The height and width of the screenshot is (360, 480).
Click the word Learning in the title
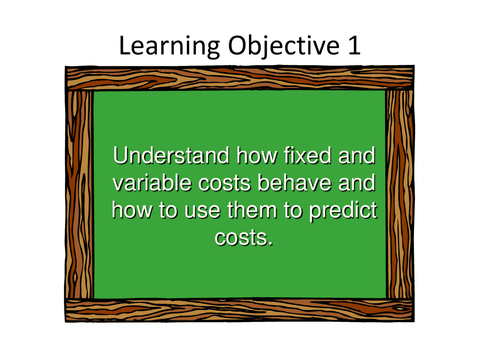point(169,47)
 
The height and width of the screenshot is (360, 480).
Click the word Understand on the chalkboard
point(171,155)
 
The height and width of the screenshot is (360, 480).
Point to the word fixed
point(307,155)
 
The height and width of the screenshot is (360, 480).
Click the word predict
point(343,211)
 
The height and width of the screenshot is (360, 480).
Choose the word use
point(202,212)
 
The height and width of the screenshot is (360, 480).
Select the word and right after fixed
point(357,155)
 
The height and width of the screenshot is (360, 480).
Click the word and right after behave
point(357,183)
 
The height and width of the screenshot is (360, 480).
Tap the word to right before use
point(168,210)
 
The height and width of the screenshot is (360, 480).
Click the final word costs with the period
point(244,238)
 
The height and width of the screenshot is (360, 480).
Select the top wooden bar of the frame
point(240,78)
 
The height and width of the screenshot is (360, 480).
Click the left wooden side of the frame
point(79,194)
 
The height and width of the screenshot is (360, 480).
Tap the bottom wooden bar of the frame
point(240,310)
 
